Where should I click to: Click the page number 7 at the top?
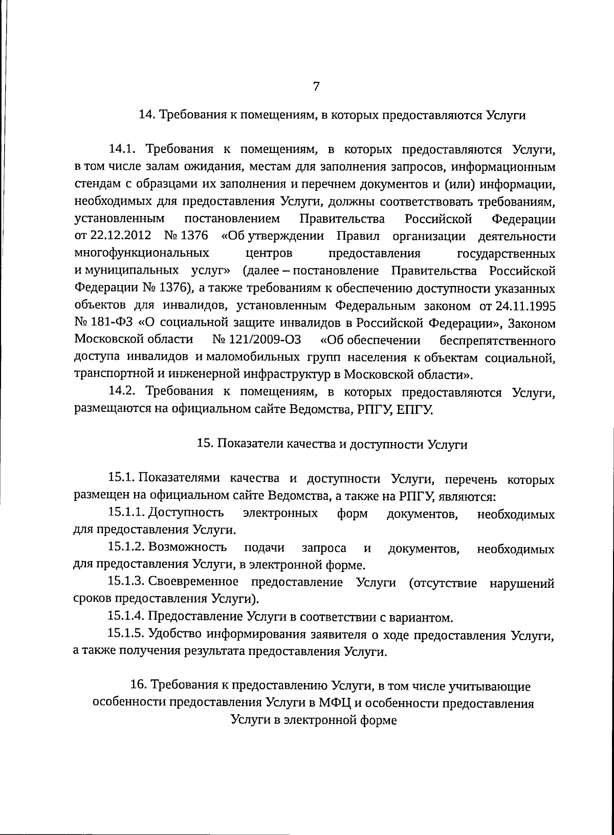(316, 86)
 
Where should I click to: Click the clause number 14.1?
(121, 150)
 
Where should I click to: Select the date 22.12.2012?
(121, 236)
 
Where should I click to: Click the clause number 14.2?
(121, 392)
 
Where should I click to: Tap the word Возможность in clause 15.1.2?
(187, 548)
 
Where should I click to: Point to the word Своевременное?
(193, 582)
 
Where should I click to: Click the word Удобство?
(176, 634)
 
